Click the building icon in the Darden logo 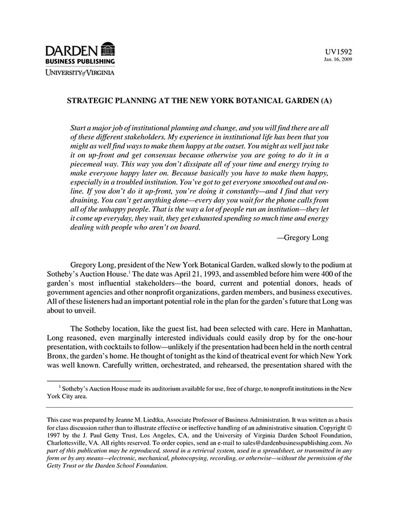(x=107, y=49)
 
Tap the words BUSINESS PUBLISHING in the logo (x=80, y=61)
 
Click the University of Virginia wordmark (x=80, y=72)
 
